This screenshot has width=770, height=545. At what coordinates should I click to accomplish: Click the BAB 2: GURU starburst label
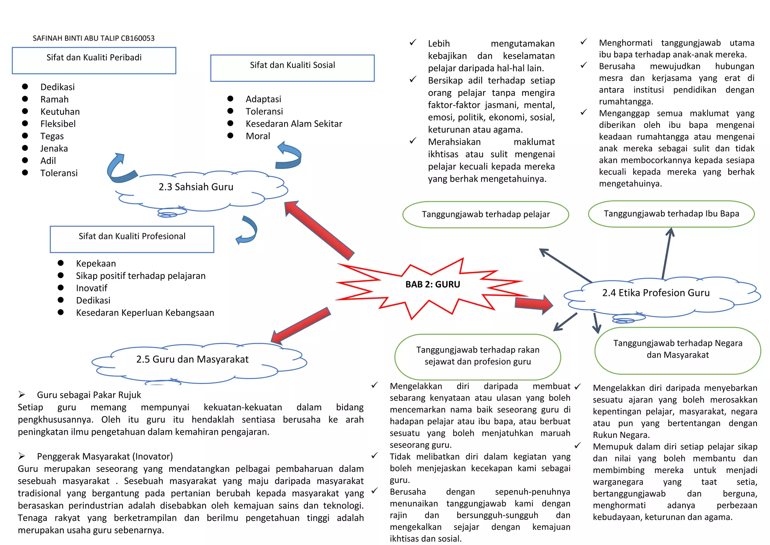pos(432,285)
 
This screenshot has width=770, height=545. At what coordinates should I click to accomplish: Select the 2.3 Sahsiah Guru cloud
pos(196,187)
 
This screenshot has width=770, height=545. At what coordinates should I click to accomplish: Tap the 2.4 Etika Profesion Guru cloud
pos(656,293)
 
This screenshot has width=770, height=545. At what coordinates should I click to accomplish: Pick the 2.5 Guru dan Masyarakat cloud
pos(192,359)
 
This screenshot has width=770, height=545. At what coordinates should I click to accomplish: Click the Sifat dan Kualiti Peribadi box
pos(94,60)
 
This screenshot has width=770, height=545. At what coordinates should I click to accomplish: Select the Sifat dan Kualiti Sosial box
pos(292,68)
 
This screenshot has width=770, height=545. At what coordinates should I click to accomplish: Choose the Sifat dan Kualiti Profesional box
pos(132,239)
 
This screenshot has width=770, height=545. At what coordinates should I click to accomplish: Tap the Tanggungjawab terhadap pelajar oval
pos(485,215)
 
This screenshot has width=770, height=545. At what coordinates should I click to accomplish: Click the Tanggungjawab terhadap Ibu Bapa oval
pos(671,214)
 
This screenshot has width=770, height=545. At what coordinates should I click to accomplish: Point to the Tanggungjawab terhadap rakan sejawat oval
pos(477,356)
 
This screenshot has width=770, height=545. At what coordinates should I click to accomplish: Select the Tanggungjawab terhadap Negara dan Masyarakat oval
pos(678,350)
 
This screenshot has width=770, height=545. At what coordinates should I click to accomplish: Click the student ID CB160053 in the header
pos(138,38)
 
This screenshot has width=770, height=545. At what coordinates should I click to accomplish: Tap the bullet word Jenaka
pos(54,149)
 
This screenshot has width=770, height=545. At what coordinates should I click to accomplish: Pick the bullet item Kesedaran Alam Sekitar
pos(294,124)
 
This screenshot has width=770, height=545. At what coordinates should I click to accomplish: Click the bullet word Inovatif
pos(91,288)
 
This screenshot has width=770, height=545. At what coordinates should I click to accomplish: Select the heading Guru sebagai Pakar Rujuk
pos(89,395)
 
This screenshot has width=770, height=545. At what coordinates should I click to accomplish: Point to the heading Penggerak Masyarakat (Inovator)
pos(105,457)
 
